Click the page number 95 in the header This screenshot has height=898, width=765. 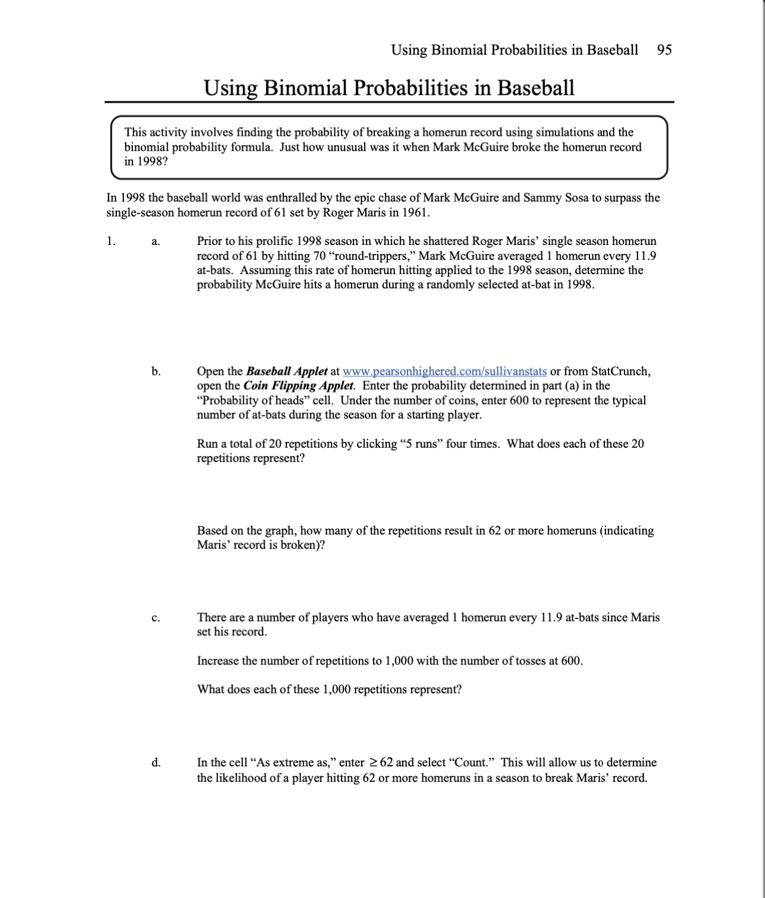coord(664,50)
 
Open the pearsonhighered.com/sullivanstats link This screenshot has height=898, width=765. coord(444,371)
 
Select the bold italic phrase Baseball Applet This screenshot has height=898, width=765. coord(286,371)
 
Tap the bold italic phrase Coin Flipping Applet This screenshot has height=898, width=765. coord(298,386)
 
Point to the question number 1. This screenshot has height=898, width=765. coord(111,241)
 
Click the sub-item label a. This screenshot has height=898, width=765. coord(155,241)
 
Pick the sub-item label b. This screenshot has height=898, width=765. coord(155,371)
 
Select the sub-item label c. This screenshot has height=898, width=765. coord(155,617)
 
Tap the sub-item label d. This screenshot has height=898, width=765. coord(155,763)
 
